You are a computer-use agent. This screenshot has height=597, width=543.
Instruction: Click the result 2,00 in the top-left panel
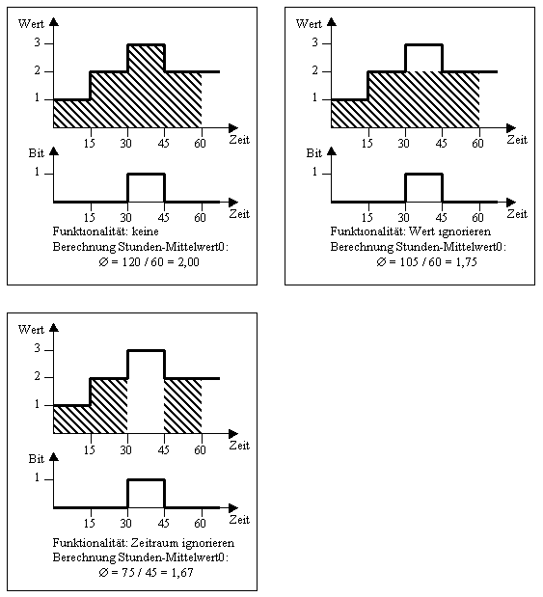(188, 262)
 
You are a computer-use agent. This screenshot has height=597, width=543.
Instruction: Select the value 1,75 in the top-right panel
(466, 262)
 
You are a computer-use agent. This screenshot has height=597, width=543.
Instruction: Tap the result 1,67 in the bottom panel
(182, 572)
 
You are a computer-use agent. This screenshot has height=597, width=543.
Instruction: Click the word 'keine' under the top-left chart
(145, 231)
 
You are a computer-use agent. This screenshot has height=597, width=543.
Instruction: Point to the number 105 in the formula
(409, 262)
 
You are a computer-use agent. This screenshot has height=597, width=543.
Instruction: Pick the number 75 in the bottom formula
(128, 572)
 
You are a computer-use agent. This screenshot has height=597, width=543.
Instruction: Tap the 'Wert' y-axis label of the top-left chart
(31, 24)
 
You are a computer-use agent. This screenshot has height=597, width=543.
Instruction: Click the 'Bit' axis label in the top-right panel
(314, 153)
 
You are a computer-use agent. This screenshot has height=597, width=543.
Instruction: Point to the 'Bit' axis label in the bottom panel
(37, 459)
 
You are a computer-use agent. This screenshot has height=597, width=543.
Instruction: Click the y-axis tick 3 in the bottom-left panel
(37, 348)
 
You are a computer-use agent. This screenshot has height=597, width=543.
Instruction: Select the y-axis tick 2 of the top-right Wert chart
(314, 70)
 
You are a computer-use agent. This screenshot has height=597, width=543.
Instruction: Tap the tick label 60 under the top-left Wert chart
(200, 143)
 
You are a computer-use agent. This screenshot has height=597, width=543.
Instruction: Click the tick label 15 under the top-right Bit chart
(367, 217)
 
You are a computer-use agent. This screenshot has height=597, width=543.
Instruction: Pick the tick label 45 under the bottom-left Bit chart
(163, 523)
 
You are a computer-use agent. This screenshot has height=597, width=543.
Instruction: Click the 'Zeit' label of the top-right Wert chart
(517, 140)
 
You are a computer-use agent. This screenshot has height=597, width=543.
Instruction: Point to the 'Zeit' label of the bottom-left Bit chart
(239, 520)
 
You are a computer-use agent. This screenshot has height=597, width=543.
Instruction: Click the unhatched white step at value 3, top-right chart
(423, 58)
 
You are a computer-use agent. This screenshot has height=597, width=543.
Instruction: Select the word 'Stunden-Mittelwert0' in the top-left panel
(174, 247)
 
